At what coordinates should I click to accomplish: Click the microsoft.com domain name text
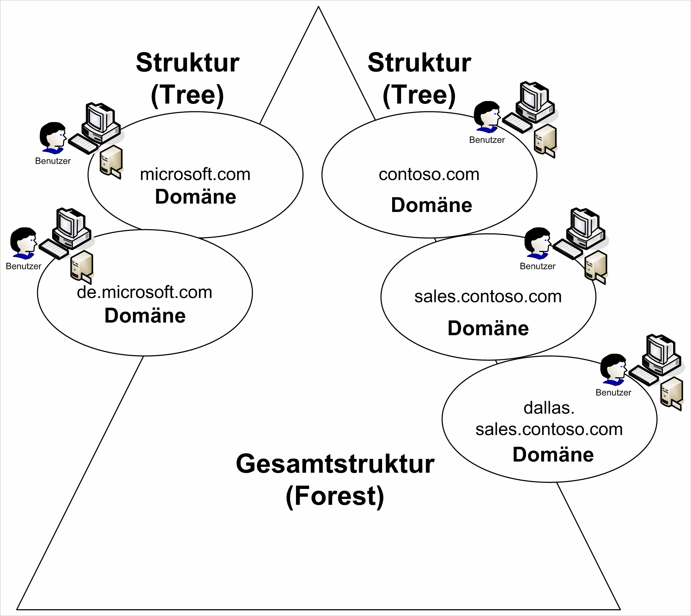[x=195, y=175]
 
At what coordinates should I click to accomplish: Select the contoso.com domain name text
[x=429, y=175]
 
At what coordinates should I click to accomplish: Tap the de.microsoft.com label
[x=144, y=292]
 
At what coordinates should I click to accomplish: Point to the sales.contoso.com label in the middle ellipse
[x=488, y=297]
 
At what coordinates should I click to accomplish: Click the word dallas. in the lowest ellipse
[x=549, y=408]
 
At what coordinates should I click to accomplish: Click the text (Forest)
[x=335, y=496]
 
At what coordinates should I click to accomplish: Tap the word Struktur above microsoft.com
[x=187, y=63]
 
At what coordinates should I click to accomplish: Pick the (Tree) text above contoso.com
[x=419, y=95]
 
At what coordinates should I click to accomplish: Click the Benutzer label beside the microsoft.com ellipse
[x=53, y=161]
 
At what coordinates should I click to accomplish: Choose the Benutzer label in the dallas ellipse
[x=613, y=393]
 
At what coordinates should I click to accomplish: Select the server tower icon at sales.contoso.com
[x=596, y=266]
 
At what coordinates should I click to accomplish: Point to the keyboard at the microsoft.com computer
[x=83, y=143]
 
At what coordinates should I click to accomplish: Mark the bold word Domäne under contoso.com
[x=431, y=205]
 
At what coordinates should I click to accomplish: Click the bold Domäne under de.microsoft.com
[x=145, y=316]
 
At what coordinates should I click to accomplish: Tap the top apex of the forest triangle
[x=318, y=7]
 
